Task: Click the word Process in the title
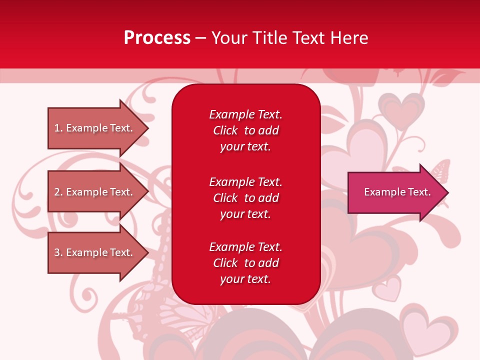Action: (x=157, y=37)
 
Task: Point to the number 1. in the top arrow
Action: (x=58, y=128)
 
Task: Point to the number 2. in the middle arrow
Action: (x=58, y=192)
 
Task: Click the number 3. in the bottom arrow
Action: (x=58, y=252)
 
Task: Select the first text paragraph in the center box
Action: (x=245, y=130)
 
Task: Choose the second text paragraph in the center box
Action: (x=245, y=198)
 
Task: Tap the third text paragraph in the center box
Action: (x=245, y=263)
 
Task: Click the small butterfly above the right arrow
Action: (x=439, y=171)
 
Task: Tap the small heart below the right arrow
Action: (x=388, y=289)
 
